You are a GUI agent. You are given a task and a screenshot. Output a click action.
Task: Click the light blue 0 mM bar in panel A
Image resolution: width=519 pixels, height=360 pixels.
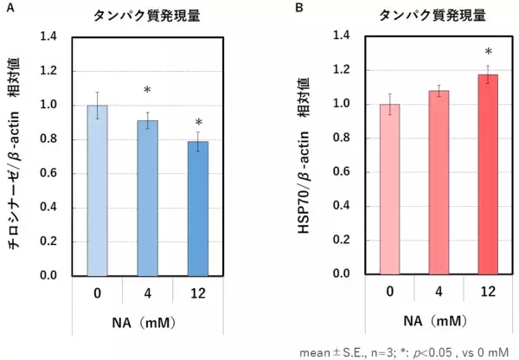[x=97, y=190]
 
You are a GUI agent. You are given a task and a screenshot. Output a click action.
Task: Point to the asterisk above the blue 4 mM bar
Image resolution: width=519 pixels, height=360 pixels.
[x=147, y=92]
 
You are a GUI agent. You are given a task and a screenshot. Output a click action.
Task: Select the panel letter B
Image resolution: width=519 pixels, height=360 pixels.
[x=299, y=8]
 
